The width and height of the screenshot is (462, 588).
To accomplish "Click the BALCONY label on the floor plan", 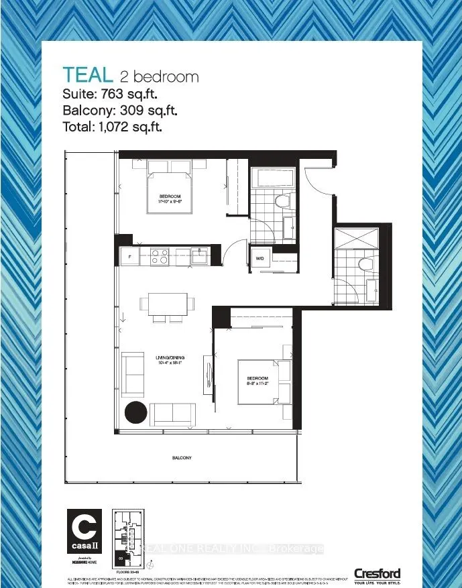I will coord(181,458).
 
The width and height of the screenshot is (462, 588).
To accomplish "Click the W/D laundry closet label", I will coord(259,257).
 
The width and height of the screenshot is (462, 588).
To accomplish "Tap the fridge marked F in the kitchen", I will coord(129,257).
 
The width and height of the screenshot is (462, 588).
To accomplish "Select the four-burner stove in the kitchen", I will coord(159,255).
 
